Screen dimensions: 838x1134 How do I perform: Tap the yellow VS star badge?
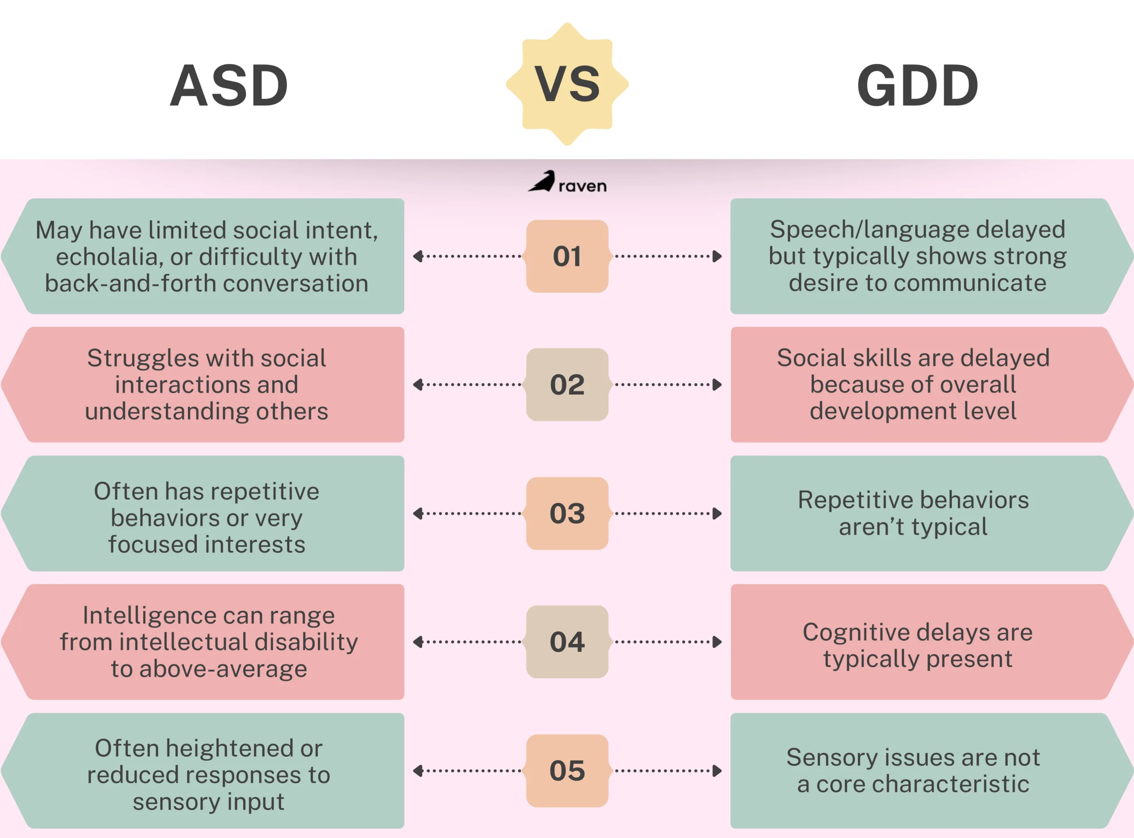[567, 84]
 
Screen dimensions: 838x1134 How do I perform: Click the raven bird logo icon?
[542, 181]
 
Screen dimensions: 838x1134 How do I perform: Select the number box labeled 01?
[567, 256]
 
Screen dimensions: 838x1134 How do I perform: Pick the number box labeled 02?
[567, 384]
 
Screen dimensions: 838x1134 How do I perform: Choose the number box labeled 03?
[567, 513]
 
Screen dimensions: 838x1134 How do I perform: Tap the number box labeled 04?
[567, 642]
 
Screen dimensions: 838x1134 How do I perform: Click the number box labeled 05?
[567, 771]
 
